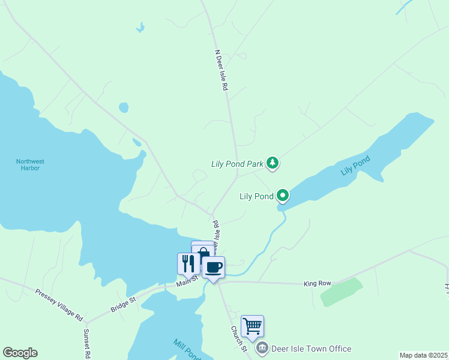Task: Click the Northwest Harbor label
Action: coord(30,164)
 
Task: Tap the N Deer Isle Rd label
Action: coord(221,71)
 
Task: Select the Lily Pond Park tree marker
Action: coord(273,163)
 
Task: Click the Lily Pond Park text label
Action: coord(238,163)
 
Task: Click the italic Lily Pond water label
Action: coord(356,166)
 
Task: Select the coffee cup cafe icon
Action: coord(213,266)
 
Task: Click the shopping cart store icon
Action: coord(253,326)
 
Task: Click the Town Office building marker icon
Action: coord(262,349)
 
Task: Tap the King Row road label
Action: coord(318,283)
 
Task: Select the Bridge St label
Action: coord(124,303)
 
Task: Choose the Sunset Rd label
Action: coord(87,343)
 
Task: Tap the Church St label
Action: coord(239,339)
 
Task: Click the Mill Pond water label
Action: coord(187,350)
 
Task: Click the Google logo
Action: coord(20,353)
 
